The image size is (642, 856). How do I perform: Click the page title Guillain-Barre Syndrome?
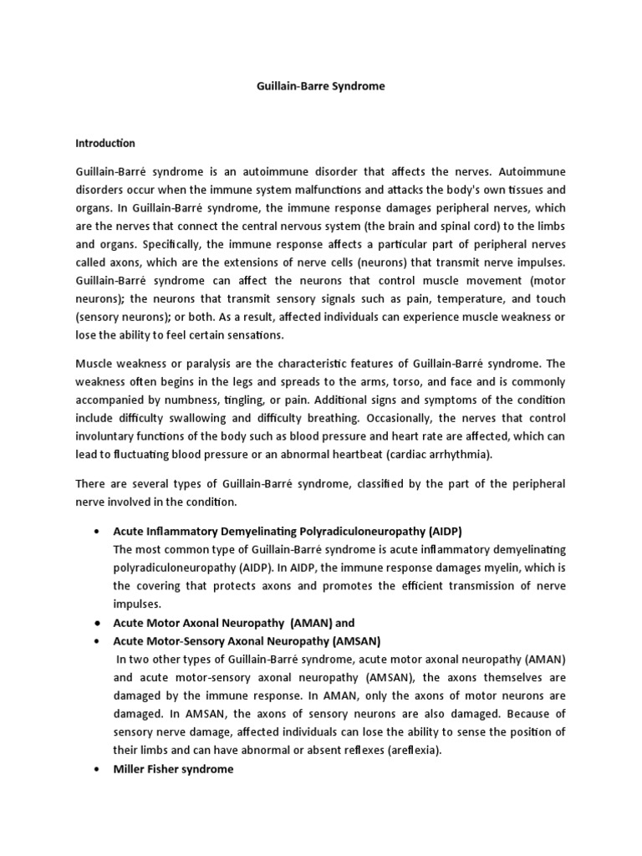coord(320,86)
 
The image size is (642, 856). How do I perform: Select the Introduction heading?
coord(105,143)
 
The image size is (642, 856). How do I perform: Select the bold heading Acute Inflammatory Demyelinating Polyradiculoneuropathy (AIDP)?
coord(288,532)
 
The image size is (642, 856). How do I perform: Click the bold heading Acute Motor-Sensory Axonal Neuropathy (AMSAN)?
coord(247,641)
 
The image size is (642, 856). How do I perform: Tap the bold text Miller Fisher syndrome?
coord(173,769)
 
